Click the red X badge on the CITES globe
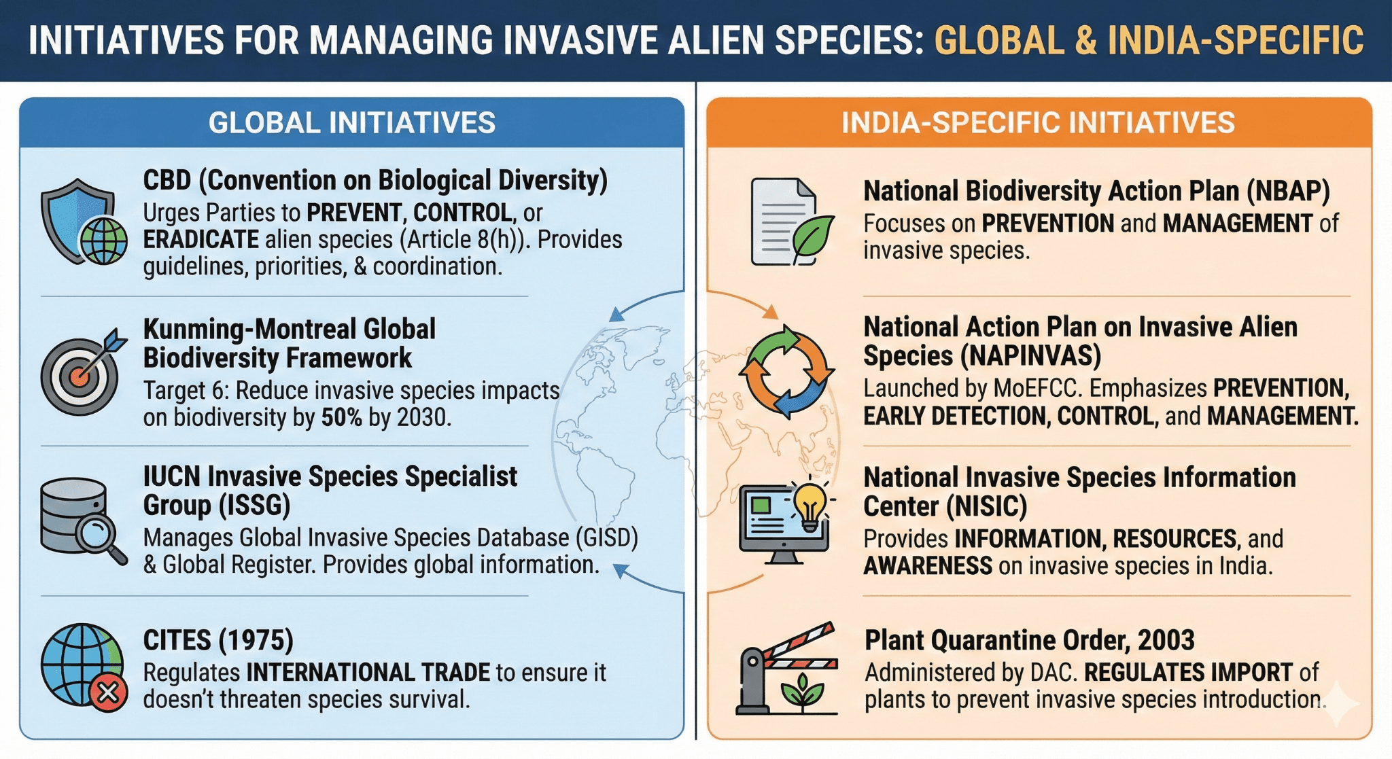[108, 692]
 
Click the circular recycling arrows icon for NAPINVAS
[786, 372]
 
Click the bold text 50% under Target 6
[341, 417]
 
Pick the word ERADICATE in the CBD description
[201, 240]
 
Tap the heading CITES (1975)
[218, 640]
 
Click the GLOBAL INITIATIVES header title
[351, 123]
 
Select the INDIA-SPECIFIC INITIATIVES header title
[1038, 123]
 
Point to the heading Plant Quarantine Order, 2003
[1029, 640]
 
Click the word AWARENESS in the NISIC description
[927, 566]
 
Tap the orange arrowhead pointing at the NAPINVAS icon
[770, 313]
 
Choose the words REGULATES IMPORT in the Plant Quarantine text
[1187, 673]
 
